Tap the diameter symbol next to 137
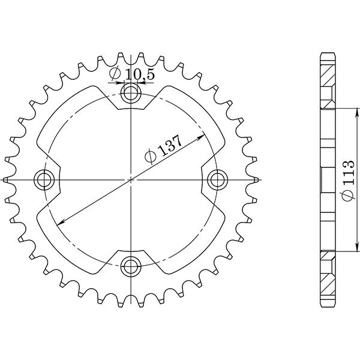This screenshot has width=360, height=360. pos(151,158)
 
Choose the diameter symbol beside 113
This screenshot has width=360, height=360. pos(347,195)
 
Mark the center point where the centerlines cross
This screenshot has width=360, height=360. pos(131,179)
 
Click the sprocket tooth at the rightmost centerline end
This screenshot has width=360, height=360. pos(256,179)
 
